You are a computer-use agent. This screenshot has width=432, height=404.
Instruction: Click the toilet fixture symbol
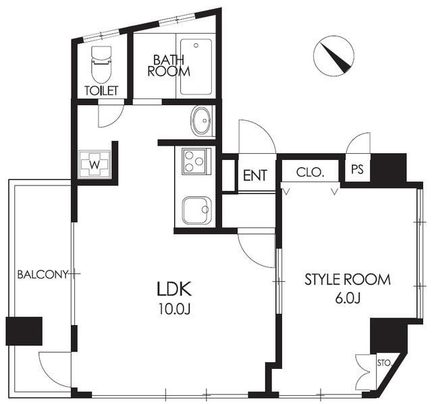[101, 64]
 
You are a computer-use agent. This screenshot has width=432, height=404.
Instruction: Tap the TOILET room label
[101, 90]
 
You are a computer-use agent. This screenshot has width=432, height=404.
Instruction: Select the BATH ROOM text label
[169, 66]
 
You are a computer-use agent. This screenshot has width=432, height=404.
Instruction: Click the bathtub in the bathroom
[196, 67]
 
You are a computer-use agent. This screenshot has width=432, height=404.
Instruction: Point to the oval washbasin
[200, 121]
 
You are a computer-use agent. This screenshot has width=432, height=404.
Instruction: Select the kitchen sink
[196, 210]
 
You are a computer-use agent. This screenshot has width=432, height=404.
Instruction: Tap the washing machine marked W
[94, 165]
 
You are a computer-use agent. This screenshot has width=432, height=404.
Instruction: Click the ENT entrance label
[255, 175]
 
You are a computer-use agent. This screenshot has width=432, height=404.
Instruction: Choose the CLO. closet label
[309, 172]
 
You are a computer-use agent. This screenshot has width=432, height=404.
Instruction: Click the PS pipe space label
[357, 169]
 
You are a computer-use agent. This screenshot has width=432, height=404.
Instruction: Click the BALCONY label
[43, 275]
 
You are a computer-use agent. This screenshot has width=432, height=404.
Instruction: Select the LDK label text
[174, 289]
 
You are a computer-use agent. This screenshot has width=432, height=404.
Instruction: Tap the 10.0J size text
[174, 309]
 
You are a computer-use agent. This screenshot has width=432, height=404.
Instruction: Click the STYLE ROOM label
[347, 280]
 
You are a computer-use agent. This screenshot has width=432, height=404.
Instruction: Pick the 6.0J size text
[348, 298]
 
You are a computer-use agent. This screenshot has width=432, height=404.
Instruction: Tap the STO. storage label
[384, 364]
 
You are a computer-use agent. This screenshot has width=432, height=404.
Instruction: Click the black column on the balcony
[24, 331]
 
